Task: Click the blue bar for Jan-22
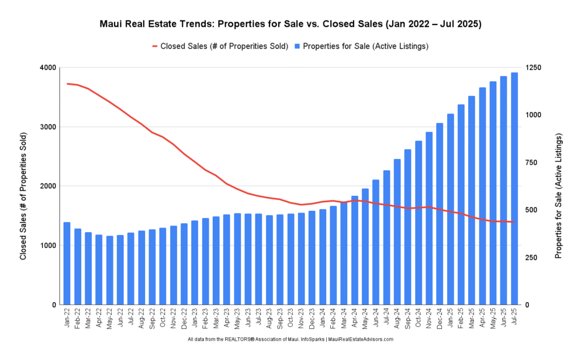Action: click(x=67, y=263)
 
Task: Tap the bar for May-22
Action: click(x=110, y=270)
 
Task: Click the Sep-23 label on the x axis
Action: click(x=280, y=320)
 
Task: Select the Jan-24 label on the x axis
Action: click(x=322, y=320)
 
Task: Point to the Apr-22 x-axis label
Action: click(x=99, y=320)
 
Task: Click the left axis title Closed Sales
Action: click(x=23, y=197)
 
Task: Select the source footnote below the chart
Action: click(x=290, y=340)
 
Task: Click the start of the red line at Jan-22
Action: click(x=68, y=83)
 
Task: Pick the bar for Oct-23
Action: click(x=290, y=259)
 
